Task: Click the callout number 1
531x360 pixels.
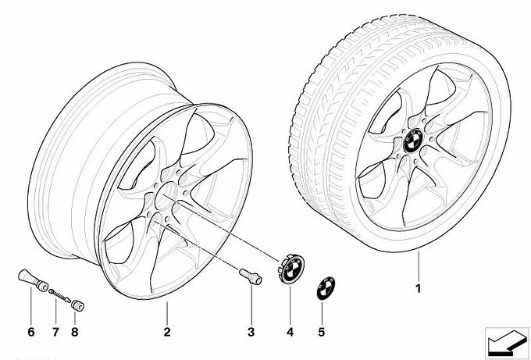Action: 419,288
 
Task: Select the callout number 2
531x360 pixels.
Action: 167,332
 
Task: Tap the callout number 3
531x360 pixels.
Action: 251,332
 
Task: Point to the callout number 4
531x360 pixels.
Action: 290,332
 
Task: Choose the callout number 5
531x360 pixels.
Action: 322,332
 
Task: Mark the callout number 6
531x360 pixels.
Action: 30,332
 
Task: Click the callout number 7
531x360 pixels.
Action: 55,332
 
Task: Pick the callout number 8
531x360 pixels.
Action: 75,332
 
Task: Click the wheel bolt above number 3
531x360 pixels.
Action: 251,276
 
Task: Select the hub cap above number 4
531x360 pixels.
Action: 291,269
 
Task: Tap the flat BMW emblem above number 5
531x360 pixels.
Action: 326,288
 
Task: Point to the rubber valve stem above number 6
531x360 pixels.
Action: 33,280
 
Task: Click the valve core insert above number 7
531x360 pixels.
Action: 59,296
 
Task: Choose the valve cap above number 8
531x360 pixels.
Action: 78,305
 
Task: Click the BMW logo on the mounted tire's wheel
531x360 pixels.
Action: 413,142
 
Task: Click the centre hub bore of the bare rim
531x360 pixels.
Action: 166,198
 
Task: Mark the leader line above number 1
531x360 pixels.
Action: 419,267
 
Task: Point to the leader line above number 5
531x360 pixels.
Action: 322,314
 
